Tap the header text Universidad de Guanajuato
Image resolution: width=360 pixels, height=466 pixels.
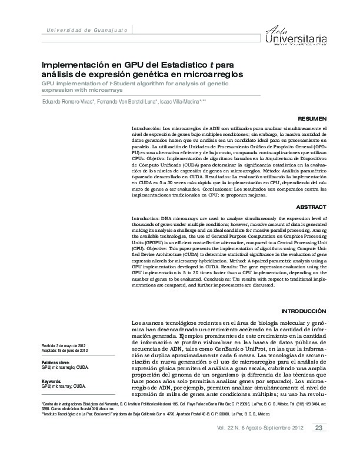pyautogui.click(x=85, y=29)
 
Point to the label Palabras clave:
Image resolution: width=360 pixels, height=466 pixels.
pyautogui.click(x=56, y=362)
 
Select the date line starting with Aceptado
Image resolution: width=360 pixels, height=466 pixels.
pyautogui.click(x=65, y=350)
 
